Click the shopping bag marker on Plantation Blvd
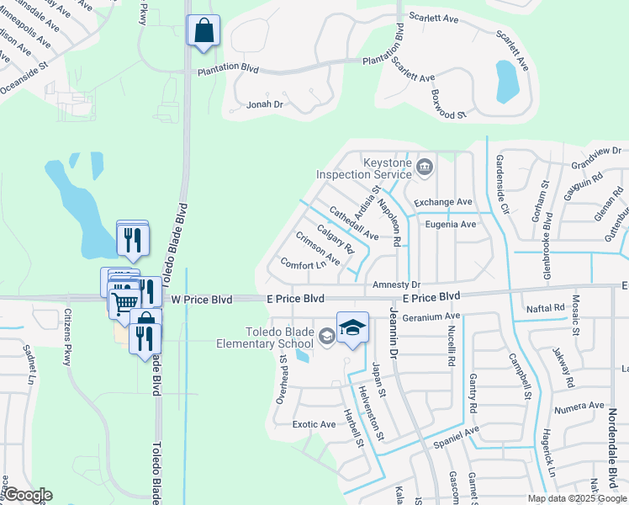(x=203, y=31)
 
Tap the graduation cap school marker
(x=353, y=327)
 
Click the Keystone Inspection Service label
(x=364, y=168)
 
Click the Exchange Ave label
(x=442, y=202)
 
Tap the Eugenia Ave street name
(x=451, y=225)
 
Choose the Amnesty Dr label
(x=396, y=285)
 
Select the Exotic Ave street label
(x=314, y=424)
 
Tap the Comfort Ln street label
(x=303, y=264)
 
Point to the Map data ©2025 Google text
(x=576, y=498)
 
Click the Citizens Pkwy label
(x=66, y=337)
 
